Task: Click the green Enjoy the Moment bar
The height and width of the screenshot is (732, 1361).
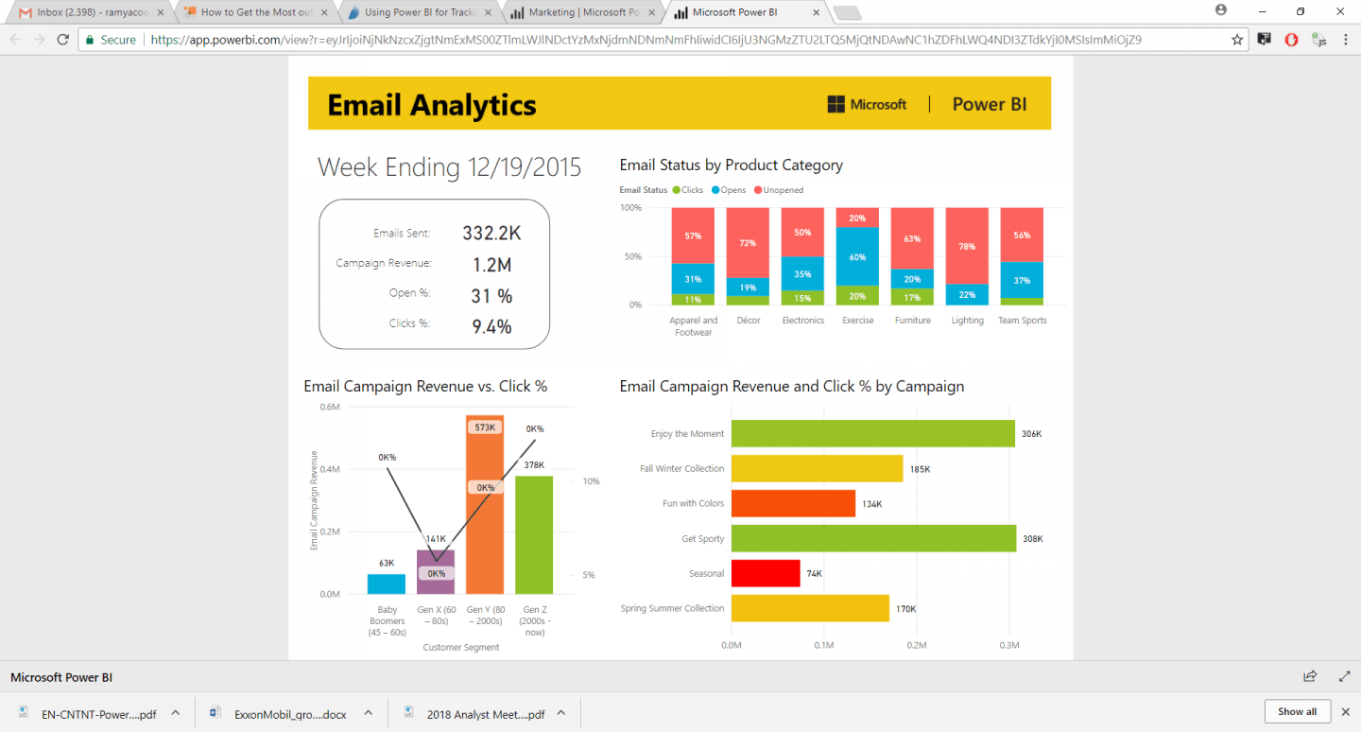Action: point(872,434)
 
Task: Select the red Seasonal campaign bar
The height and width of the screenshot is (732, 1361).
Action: point(766,573)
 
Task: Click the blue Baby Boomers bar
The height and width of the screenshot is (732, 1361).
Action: point(386,584)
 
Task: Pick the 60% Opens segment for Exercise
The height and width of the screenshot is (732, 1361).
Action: point(857,256)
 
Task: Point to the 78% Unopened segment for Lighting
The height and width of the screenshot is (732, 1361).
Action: point(967,246)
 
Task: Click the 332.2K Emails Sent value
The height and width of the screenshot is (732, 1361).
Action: point(491,234)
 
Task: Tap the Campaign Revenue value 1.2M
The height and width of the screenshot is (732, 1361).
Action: point(491,265)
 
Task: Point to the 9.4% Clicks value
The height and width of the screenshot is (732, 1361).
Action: point(491,326)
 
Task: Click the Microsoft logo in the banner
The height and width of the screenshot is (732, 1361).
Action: point(867,104)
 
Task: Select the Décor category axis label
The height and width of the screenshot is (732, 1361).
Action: point(748,321)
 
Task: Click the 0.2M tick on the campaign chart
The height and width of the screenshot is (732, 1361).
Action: point(916,645)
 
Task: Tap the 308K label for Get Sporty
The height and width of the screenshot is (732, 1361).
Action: point(1032,539)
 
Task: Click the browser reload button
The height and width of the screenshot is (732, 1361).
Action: point(63,40)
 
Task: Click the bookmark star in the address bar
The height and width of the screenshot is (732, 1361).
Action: point(1237,40)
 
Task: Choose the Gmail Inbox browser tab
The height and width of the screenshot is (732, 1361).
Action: point(91,12)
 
